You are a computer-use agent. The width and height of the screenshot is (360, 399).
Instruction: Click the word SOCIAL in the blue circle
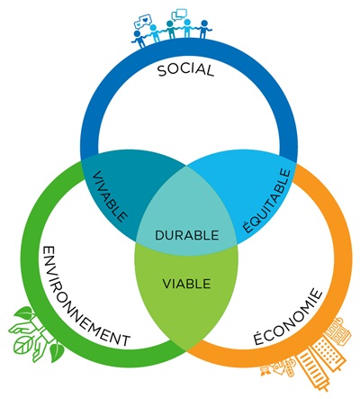pyautogui.click(x=185, y=69)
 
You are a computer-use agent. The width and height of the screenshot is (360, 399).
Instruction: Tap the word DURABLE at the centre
pyautogui.click(x=186, y=235)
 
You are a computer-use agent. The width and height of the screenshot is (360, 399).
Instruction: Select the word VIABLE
pyautogui.click(x=186, y=284)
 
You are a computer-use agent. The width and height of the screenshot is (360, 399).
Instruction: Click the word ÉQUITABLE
pyautogui.click(x=266, y=201)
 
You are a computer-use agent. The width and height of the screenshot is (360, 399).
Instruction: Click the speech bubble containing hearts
pyautogui.click(x=144, y=21)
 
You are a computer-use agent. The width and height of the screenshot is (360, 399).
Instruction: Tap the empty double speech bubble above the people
pyautogui.click(x=179, y=14)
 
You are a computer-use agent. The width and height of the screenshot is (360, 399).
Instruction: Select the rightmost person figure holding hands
pyautogui.click(x=204, y=29)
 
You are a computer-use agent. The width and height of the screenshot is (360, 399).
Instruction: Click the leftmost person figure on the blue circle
pyautogui.click(x=139, y=39)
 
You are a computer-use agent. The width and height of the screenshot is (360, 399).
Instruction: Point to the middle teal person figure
pyautogui.click(x=171, y=30)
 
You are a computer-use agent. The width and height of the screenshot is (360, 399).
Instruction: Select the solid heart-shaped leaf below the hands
pyautogui.click(x=56, y=352)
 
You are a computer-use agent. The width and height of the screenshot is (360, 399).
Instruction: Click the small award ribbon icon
pyautogui.click(x=265, y=371)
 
